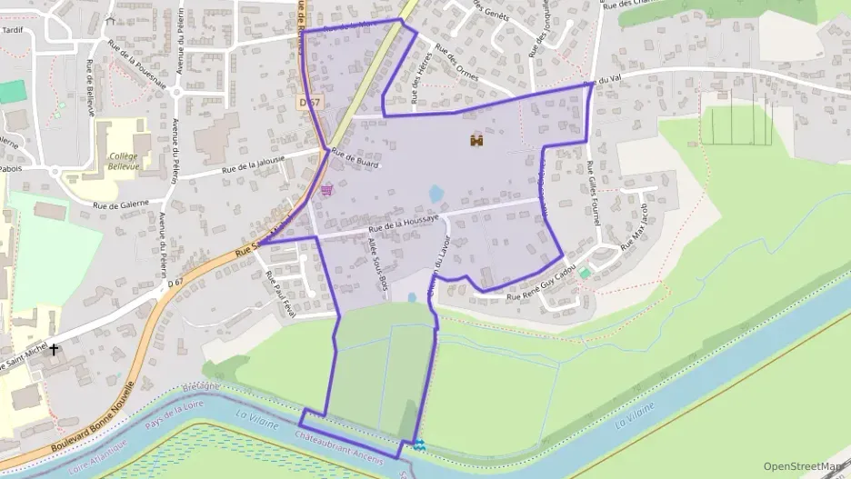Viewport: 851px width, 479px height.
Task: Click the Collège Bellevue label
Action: point(123,162)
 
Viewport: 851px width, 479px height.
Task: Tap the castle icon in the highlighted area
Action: point(476,140)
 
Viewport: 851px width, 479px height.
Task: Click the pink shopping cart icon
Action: point(326,191)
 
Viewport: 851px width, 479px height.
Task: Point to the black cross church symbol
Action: point(54,349)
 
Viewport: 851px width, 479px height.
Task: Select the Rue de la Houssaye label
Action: point(405,221)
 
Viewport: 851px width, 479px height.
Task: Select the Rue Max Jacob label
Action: point(635,231)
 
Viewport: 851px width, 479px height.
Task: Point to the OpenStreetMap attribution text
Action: point(804,466)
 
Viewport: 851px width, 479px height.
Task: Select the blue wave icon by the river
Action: point(418,444)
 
